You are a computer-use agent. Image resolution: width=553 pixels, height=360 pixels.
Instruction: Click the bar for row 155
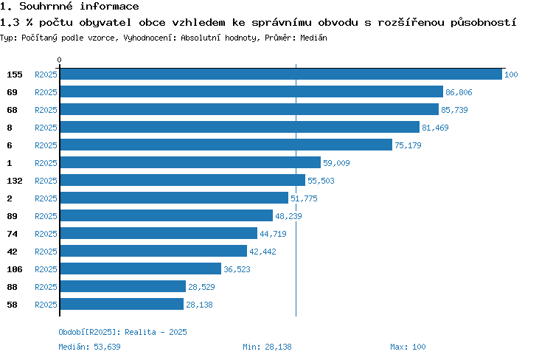pos(281,74)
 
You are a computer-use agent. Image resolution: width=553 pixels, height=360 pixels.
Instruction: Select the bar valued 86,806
pos(251,91)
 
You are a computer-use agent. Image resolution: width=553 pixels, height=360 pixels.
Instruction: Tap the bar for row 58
pos(122,304)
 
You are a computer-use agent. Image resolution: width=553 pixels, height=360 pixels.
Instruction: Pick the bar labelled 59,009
pos(190,163)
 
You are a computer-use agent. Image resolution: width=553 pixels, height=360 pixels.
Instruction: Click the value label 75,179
pos(408,145)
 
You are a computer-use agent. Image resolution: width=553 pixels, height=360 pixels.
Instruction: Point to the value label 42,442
pos(262,252)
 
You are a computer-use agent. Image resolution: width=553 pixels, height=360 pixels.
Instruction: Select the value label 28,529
pos(201,287)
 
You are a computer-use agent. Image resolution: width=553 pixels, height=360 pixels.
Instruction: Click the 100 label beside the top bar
pos(511,75)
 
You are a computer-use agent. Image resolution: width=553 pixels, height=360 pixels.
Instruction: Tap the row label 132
pos(15,181)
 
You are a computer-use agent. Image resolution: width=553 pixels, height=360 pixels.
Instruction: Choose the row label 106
pos(15,269)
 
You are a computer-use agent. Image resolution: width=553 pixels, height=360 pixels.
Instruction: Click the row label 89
pos(12,216)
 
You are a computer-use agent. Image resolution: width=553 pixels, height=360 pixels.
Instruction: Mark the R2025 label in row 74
pos(46,234)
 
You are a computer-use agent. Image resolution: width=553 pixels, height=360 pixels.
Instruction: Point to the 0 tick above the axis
pos(59,60)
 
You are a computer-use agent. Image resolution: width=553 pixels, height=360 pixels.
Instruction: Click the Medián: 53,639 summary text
pos(89,347)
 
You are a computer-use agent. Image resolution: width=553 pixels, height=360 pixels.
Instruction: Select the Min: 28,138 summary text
pos(267,347)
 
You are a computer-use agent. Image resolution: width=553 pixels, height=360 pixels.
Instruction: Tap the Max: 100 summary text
pos(408,347)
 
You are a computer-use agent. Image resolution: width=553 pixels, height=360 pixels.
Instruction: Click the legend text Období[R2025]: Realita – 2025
pos(122,332)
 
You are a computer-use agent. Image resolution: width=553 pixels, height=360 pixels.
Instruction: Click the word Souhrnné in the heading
pos(46,6)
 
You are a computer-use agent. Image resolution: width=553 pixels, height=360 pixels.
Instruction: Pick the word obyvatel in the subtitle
pos(105,23)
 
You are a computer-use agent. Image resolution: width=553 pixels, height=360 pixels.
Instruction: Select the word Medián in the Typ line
pos(313,38)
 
